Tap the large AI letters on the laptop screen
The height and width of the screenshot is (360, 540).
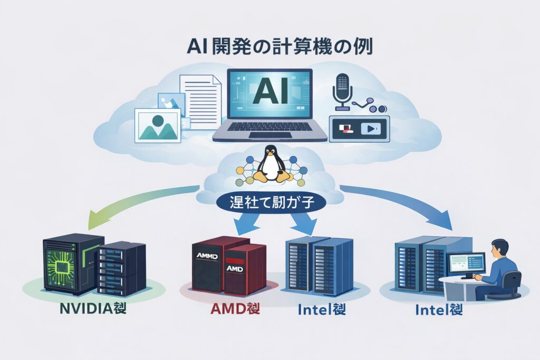pos(269,93)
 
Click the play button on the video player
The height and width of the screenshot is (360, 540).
pos(373,128)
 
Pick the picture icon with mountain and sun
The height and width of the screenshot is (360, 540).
pos(157,124)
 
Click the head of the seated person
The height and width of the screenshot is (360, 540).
pos(500,247)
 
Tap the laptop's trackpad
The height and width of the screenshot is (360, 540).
pos(270,135)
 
